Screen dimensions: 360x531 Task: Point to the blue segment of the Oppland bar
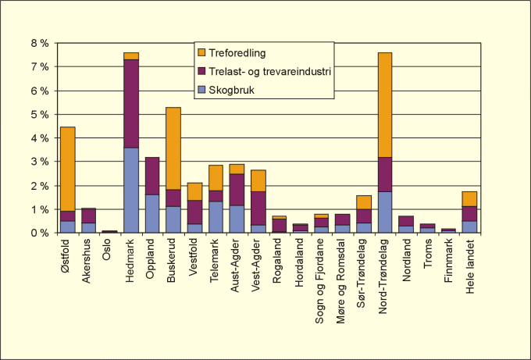[152, 213]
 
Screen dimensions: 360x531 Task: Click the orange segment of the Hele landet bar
[469, 198]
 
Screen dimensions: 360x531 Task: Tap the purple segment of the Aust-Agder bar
[237, 189]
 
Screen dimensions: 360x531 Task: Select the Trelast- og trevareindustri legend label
[269, 72]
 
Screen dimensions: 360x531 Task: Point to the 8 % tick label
[40, 43]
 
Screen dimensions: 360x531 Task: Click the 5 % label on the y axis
[40, 114]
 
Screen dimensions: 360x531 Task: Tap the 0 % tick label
[40, 233]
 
